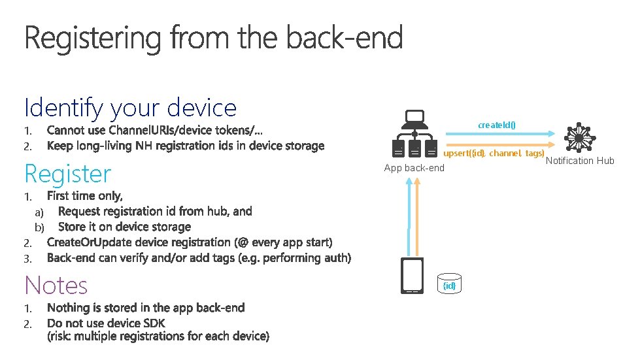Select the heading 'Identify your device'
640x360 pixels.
pos(130,107)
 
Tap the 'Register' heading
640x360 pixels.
pos(68,174)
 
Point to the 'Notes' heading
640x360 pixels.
pos(56,286)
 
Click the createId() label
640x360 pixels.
pos(497,125)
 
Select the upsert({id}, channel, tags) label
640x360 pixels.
pos(494,154)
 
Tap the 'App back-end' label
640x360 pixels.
pos(414,168)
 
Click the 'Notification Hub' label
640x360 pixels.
pos(580,161)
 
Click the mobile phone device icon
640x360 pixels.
pos(412,276)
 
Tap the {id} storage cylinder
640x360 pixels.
pos(450,286)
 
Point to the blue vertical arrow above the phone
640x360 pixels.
pos(408,216)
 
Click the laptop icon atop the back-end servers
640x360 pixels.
pos(414,120)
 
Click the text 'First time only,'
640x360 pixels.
pos(85,195)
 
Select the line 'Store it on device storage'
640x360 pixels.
pos(124,227)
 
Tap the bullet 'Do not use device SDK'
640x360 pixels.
pos(106,323)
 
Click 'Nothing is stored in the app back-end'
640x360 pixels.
pos(146,308)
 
